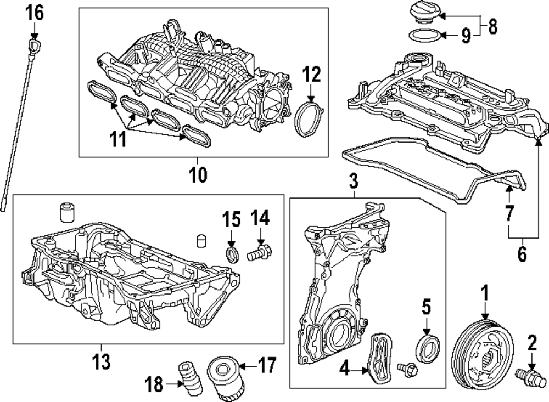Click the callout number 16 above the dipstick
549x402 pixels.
coord(35,12)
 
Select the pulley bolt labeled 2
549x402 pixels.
coord(530,378)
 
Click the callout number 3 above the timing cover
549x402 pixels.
coord(354,179)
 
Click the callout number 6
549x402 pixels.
coord(522,253)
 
